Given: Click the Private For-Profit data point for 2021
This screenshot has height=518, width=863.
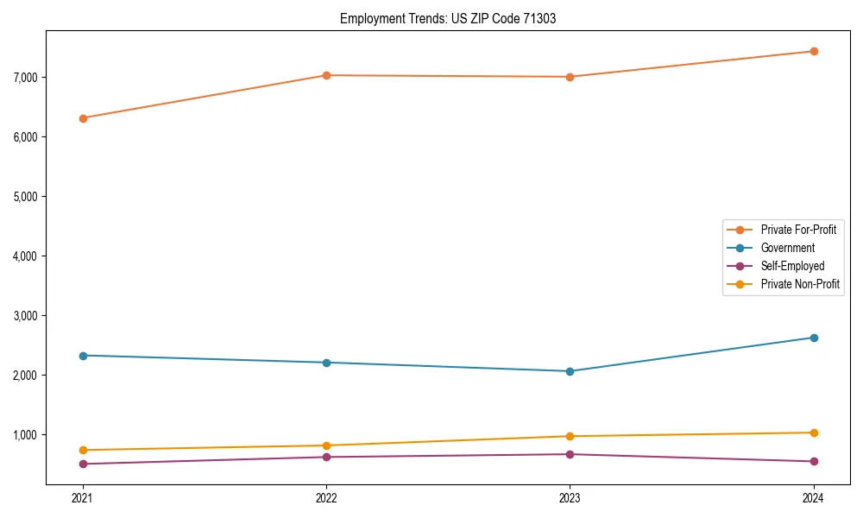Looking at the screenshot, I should click(x=83, y=118).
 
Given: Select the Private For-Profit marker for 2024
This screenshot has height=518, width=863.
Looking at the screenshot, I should click(x=813, y=51).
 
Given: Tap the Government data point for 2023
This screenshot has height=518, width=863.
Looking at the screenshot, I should click(x=570, y=371).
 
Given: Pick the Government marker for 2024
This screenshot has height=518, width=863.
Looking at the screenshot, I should click(x=813, y=338).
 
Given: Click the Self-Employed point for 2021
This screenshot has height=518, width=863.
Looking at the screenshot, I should click(x=83, y=464).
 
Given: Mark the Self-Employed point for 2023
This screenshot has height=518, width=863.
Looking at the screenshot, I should click(x=570, y=454).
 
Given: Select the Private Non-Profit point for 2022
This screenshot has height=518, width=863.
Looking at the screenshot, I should click(x=326, y=445).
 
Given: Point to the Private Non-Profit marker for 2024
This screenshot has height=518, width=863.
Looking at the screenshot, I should click(x=813, y=433).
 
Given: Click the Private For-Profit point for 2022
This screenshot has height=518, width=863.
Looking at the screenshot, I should click(x=326, y=75).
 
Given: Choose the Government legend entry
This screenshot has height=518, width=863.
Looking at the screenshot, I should click(x=787, y=248).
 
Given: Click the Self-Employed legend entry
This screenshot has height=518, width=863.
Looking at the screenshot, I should click(x=792, y=266).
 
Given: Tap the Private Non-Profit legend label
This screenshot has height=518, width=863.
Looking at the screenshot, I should click(x=800, y=284).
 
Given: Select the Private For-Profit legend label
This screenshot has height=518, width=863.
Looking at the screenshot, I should click(x=798, y=230).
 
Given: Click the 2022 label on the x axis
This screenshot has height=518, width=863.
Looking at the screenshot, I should click(x=326, y=497).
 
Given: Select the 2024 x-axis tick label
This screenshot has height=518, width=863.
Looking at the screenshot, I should click(x=813, y=497).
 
